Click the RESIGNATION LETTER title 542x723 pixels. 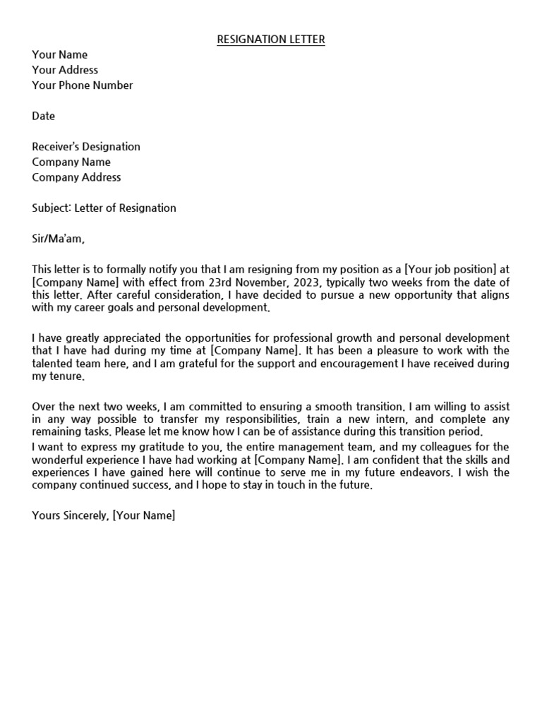[x=271, y=40]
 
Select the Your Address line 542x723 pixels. [x=65, y=70]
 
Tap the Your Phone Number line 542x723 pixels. [x=82, y=85]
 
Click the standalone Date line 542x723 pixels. [x=43, y=116]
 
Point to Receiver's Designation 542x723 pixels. [x=86, y=147]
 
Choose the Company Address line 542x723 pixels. [x=76, y=177]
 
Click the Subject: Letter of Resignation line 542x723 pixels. [x=104, y=208]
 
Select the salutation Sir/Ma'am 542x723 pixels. [x=58, y=239]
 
